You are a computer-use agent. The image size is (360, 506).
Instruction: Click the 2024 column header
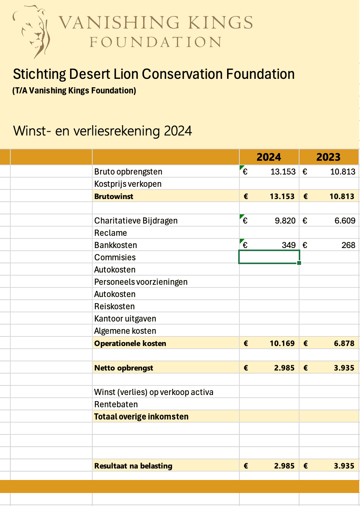[x=269, y=157]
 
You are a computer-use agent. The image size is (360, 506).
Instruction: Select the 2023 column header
[x=328, y=157]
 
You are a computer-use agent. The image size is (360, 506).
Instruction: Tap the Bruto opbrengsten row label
[x=128, y=171]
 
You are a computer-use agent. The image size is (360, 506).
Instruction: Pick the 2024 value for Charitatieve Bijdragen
[x=285, y=220]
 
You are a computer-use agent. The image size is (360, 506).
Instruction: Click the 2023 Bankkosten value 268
[x=348, y=245]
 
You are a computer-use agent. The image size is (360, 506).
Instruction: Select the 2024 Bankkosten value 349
[x=288, y=245]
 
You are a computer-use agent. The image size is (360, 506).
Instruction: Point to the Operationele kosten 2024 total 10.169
[x=282, y=343]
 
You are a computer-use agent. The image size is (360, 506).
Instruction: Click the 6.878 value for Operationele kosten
[x=344, y=343]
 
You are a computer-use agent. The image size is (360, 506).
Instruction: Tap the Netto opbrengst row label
[x=124, y=368]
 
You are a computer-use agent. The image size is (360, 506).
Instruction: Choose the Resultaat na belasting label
[x=133, y=466]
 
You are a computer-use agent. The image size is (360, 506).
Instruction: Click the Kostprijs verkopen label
[x=128, y=184]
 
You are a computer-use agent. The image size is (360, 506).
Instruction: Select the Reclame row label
[x=111, y=233]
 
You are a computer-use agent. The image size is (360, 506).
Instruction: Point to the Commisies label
[x=115, y=257]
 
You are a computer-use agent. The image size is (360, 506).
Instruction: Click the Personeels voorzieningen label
[x=141, y=282]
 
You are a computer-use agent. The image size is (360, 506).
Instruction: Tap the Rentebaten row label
[x=116, y=404]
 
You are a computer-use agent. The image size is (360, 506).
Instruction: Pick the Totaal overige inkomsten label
[x=141, y=416]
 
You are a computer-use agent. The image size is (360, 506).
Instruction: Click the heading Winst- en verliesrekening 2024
[x=103, y=131]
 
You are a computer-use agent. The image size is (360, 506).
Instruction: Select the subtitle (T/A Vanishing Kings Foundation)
[x=74, y=91]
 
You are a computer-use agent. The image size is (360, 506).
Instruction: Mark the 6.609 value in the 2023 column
[x=345, y=220]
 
